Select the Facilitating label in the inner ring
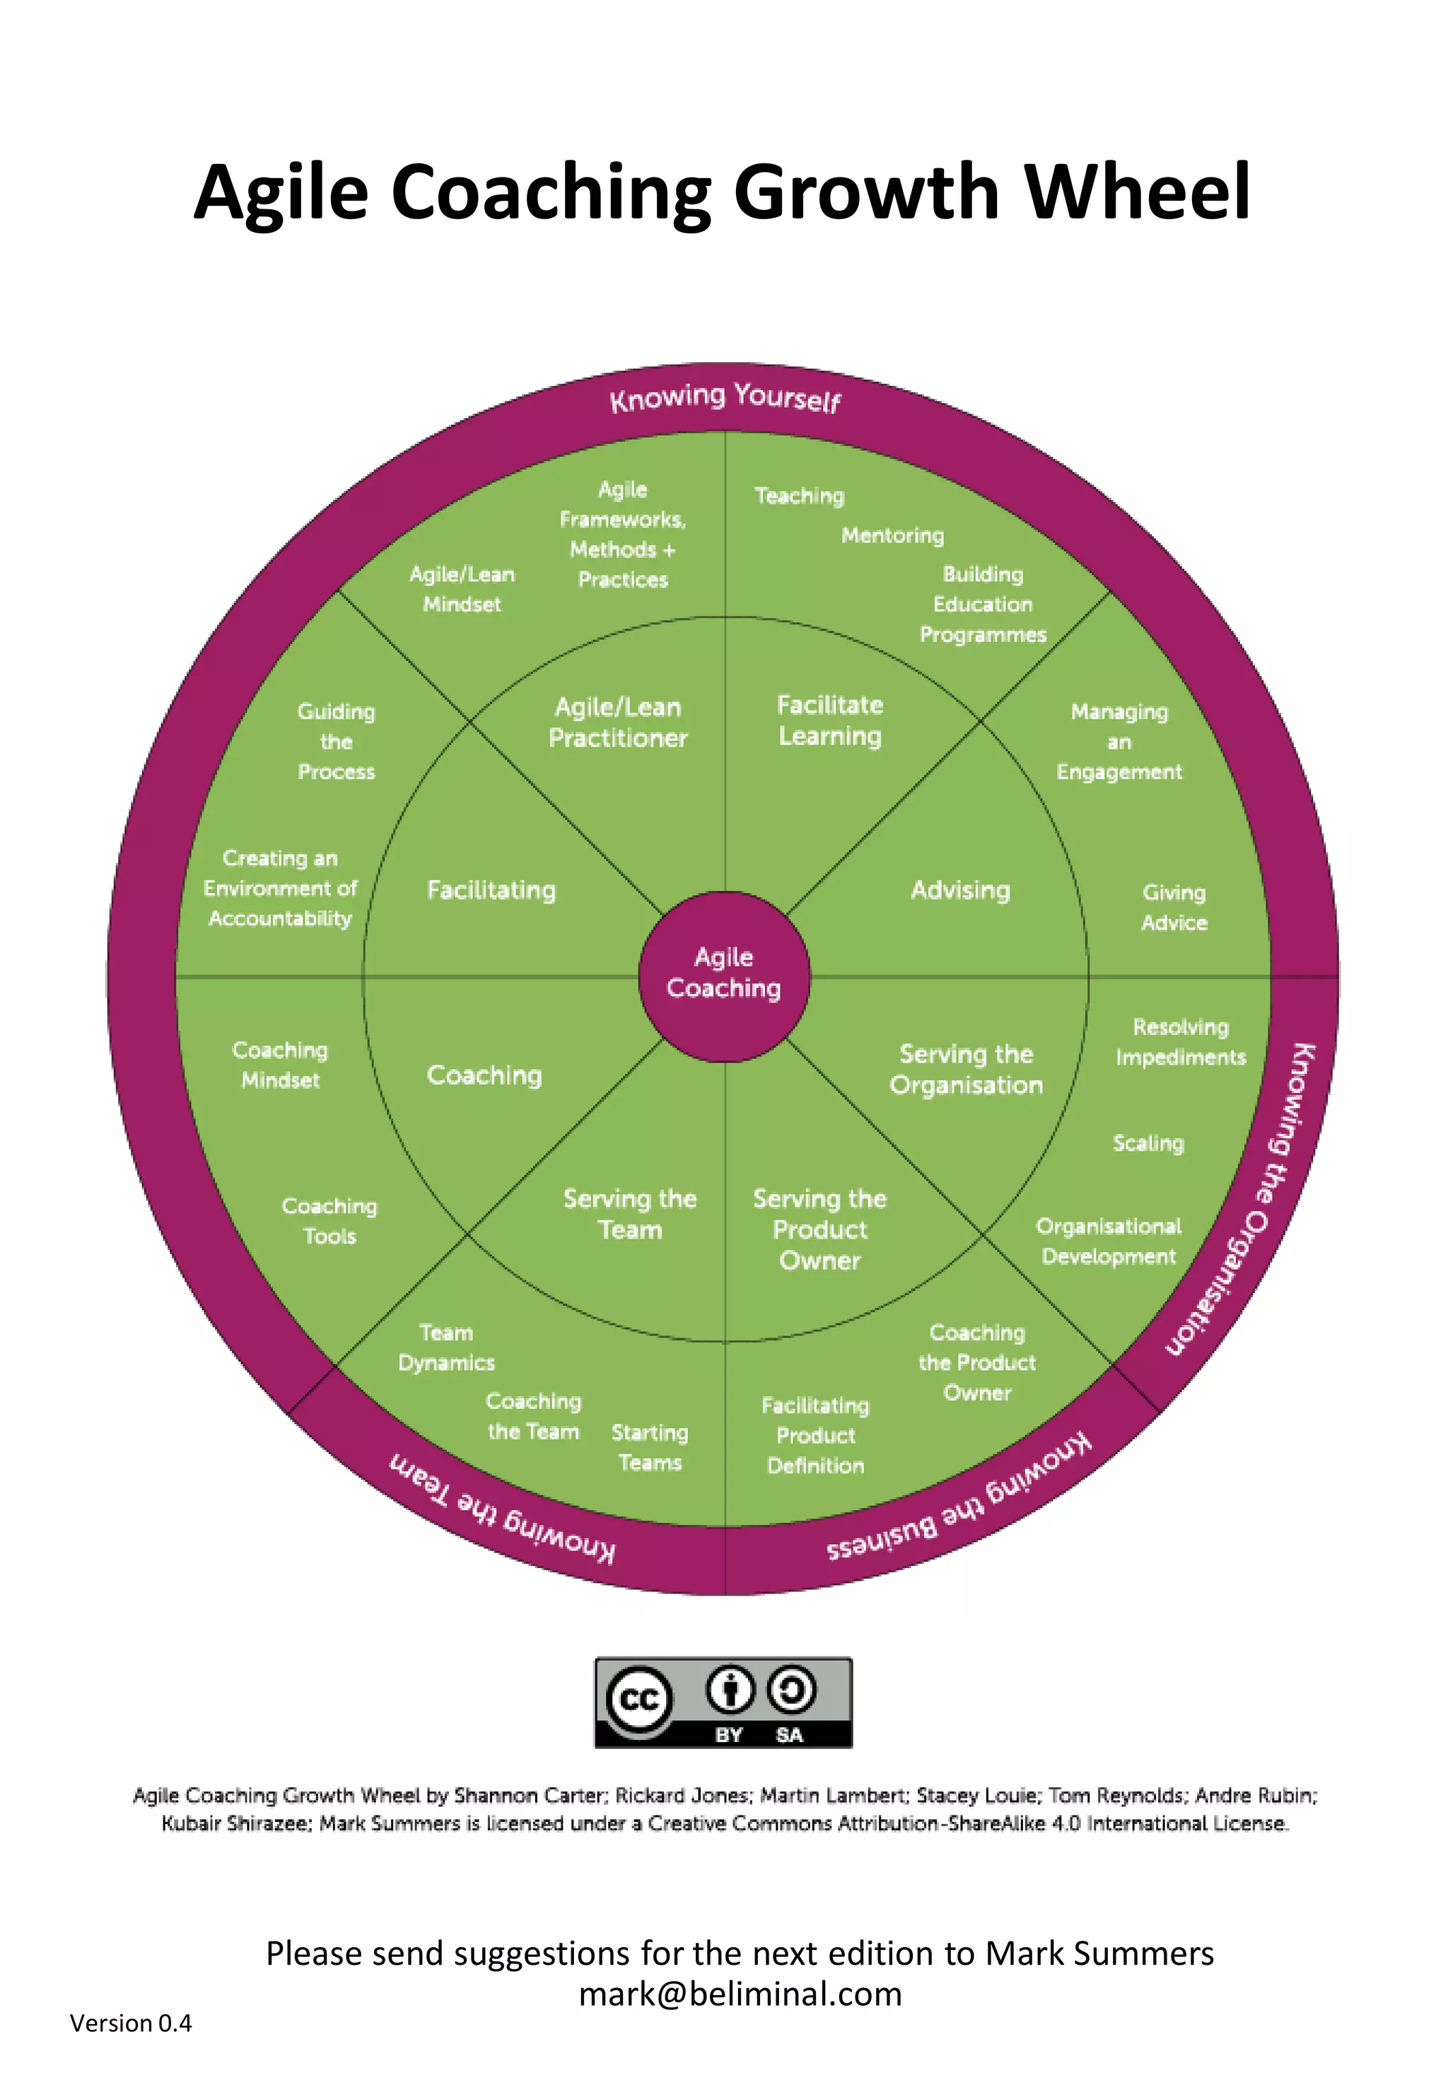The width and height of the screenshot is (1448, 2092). point(491,890)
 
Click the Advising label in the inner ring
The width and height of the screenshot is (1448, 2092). point(960,890)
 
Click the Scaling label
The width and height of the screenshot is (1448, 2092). point(1148,1143)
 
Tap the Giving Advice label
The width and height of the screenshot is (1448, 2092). point(1173,907)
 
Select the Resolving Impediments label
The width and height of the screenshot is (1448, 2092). point(1179,1041)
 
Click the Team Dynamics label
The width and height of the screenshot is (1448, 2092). point(445,1348)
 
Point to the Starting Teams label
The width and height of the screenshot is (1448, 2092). point(650,1447)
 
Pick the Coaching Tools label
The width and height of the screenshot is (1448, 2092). point(329,1220)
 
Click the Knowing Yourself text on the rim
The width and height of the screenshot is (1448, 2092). point(725,397)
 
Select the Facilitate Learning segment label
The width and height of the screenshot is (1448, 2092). point(829,720)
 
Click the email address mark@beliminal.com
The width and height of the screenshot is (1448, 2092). point(740,1993)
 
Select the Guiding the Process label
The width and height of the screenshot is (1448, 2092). point(336,741)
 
